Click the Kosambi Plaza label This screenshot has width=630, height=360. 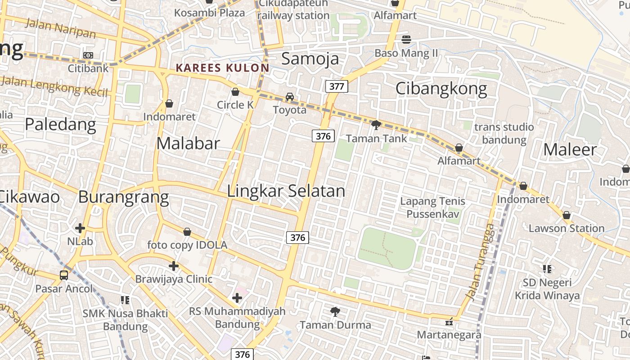point(209,13)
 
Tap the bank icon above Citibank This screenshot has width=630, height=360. point(88,55)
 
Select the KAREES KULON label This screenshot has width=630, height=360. point(222,68)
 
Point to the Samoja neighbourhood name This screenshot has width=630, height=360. point(310,58)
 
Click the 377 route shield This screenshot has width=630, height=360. point(337,86)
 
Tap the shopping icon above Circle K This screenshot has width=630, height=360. point(235,92)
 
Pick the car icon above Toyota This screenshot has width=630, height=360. point(290,97)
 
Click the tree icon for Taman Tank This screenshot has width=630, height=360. point(376,125)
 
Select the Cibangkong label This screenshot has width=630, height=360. point(441,89)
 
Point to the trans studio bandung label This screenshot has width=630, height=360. point(504,133)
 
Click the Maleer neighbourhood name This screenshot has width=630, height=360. point(570,149)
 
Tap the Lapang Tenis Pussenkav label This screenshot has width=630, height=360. point(432,207)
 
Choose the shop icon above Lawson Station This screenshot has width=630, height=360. point(567,216)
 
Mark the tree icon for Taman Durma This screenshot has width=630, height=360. point(335,311)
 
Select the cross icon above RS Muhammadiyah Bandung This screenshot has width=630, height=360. point(237,297)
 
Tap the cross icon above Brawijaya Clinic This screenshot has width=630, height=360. point(174,266)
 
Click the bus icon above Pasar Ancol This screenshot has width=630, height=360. point(64,275)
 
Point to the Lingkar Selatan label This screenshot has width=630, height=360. point(286,191)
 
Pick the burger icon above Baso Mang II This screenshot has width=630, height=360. point(406,39)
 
